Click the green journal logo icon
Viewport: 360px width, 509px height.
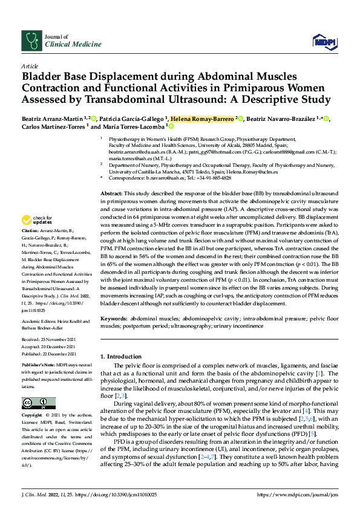tap(31, 40)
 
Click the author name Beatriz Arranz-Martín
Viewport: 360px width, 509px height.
tap(52, 118)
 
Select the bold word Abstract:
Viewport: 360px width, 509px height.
tap(112, 191)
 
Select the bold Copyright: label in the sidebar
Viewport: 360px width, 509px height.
tap(33, 417)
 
